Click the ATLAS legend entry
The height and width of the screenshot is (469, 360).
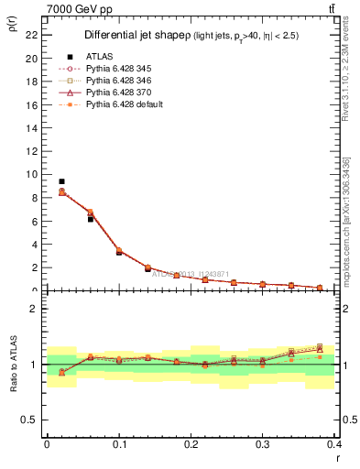[x=99, y=57]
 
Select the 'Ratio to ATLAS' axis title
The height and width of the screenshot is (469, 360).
[x=13, y=364]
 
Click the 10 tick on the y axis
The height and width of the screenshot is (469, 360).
[x=33, y=174]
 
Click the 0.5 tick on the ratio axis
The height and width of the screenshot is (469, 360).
[x=31, y=420]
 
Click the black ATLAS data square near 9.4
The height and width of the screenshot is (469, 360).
[x=61, y=181]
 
